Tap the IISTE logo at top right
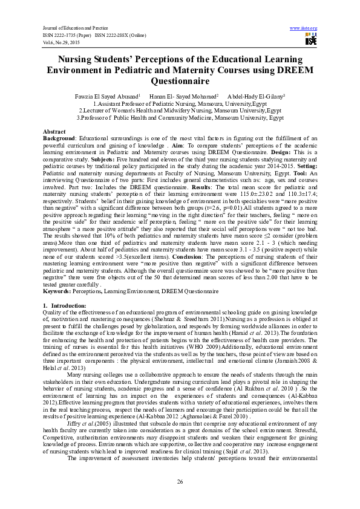[310, 40]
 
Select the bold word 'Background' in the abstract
[59, 138]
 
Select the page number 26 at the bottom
[180, 481]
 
